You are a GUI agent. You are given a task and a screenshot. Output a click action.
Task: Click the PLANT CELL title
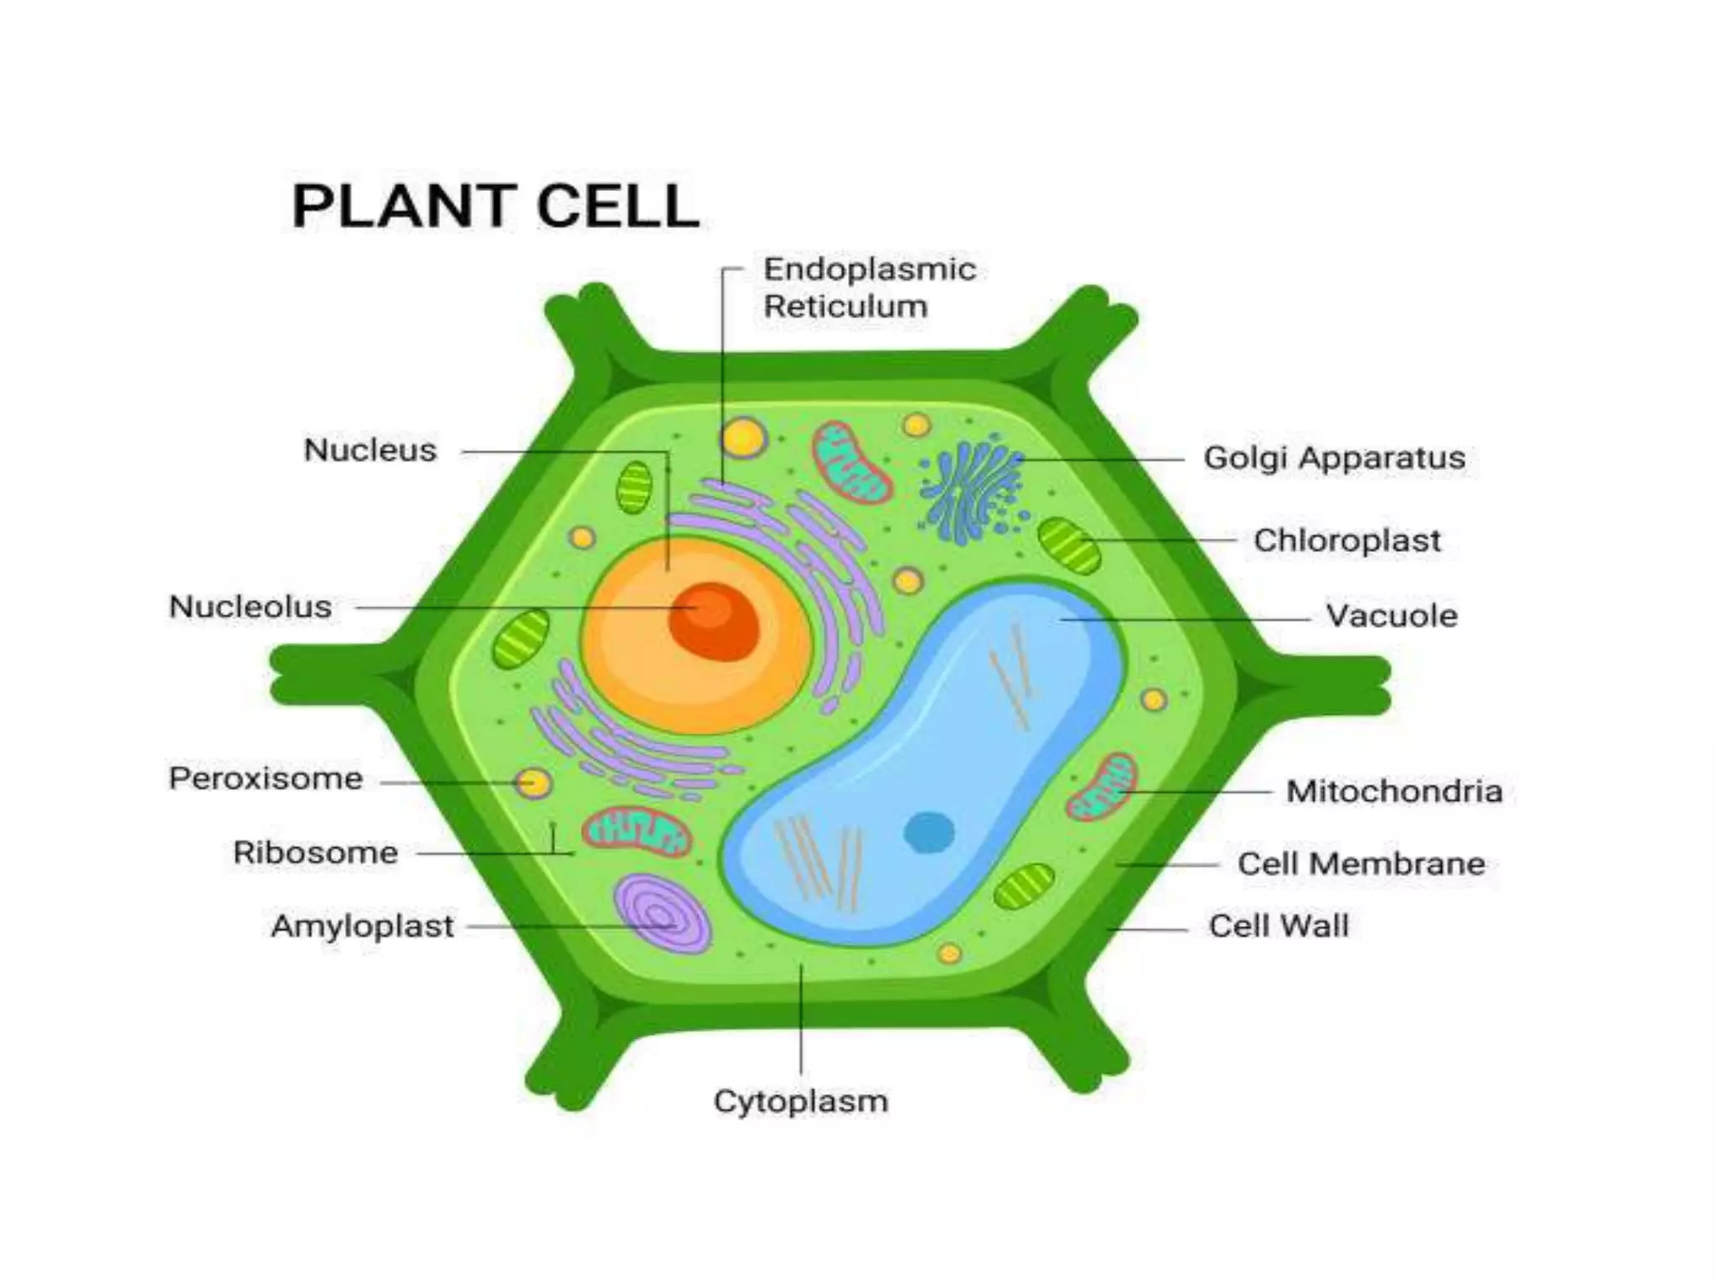click(495, 206)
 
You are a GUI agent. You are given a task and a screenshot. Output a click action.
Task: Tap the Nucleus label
click(370, 451)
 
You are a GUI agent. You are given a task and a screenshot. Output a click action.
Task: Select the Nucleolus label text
click(251, 607)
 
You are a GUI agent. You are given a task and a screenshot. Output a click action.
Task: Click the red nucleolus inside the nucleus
click(714, 621)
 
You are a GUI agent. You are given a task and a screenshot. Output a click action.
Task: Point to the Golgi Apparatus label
click(1334, 458)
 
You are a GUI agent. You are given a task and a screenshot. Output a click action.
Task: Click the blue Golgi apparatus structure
click(972, 490)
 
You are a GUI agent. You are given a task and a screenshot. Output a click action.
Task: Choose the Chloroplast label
click(1346, 540)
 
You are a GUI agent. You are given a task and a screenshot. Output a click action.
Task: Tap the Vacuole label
click(1391, 616)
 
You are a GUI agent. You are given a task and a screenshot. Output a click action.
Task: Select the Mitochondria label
click(1393, 791)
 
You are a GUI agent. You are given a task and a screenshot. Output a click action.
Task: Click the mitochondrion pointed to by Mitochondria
click(1102, 787)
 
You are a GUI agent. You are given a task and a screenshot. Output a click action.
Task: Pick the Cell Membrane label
click(1361, 864)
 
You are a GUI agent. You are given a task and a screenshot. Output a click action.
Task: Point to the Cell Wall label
click(1279, 926)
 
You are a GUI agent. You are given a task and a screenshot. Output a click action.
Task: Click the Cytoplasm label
click(800, 1101)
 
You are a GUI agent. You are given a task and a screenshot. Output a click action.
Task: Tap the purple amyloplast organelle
click(662, 913)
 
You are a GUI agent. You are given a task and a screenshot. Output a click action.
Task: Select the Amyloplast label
click(362, 927)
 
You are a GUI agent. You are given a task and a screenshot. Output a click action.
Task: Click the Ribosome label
click(315, 853)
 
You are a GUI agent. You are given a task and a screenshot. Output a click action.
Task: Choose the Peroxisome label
click(266, 778)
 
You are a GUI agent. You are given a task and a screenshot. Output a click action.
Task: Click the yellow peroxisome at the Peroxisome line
click(534, 783)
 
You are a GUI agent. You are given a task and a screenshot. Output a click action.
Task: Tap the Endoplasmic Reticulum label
click(869, 287)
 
